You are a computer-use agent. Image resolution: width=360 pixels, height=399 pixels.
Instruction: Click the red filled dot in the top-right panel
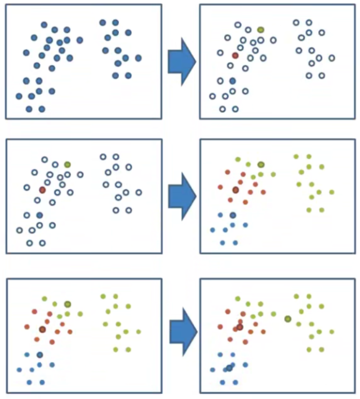coord(235,55)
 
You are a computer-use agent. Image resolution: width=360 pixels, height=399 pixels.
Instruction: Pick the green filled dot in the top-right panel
coord(261,30)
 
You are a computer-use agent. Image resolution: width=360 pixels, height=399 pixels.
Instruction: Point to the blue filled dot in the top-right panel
coord(233,81)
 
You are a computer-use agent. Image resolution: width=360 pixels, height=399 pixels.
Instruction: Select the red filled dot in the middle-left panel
coord(42,190)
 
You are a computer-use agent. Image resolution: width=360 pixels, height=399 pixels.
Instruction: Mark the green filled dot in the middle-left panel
coord(67,164)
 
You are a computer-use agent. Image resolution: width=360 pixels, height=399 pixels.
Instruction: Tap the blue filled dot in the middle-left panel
coord(40,215)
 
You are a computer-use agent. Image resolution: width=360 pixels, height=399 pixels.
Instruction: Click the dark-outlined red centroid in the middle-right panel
coord(235,190)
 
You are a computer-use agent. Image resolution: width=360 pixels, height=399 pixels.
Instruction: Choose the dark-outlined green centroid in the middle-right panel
coord(261,164)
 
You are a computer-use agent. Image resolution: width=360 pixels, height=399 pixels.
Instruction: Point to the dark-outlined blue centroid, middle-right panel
coord(233,215)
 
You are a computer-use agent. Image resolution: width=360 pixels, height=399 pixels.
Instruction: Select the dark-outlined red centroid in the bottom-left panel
coord(42,329)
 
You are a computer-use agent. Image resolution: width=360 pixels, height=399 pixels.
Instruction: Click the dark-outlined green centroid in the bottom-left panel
coord(67,304)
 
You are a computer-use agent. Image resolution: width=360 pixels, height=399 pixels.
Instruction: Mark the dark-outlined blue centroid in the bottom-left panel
coord(40,355)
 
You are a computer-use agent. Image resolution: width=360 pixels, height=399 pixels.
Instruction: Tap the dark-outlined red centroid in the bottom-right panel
coord(240,327)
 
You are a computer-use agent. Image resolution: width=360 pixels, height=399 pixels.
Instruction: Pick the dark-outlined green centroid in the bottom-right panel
coord(288,318)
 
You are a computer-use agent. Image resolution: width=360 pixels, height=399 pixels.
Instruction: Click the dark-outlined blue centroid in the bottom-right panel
coord(229,368)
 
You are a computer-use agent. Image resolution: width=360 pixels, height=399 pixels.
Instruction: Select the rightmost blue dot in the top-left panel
coord(138,58)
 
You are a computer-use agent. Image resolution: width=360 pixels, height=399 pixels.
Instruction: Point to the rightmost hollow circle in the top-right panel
coord(331,58)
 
